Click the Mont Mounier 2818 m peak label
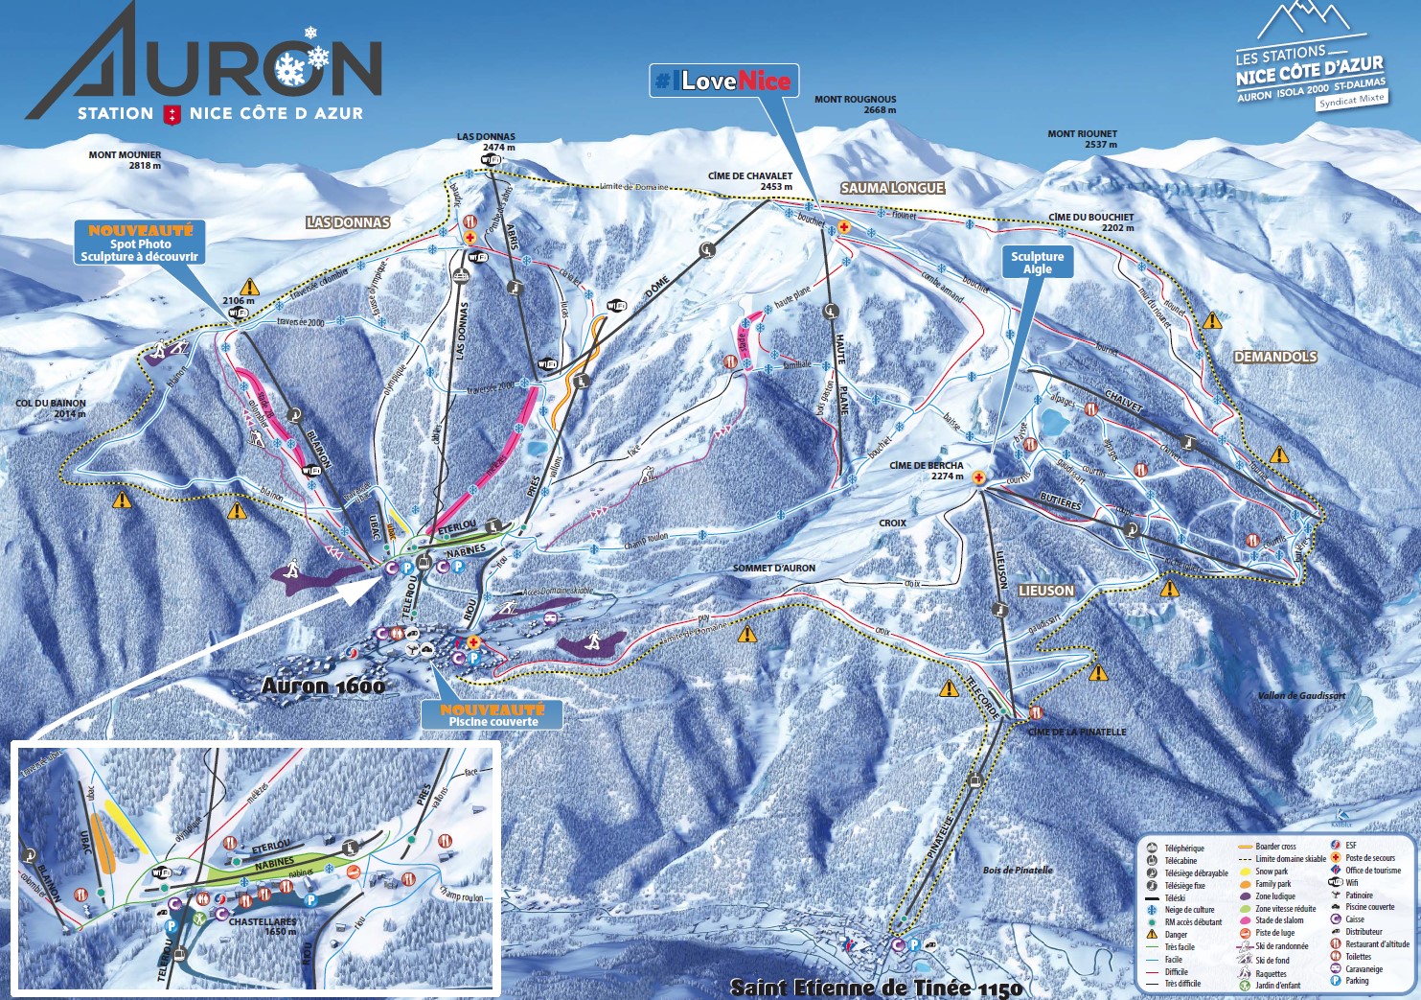click(125, 160)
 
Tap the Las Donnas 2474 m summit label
click(486, 142)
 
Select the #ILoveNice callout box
click(723, 81)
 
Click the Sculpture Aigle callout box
click(1037, 263)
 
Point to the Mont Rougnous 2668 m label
click(855, 104)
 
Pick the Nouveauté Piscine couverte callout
click(492, 715)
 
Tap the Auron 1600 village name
click(323, 686)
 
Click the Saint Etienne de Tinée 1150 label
click(876, 988)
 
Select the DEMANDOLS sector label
click(1275, 357)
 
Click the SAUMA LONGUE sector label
click(892, 188)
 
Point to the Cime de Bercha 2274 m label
click(927, 470)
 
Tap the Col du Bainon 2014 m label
click(51, 408)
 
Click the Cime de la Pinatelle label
click(1077, 732)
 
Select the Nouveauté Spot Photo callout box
click(140, 244)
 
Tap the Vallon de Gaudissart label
click(1301, 696)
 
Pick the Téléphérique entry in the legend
click(1183, 849)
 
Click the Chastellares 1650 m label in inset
click(262, 926)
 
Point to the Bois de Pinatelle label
click(1018, 871)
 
